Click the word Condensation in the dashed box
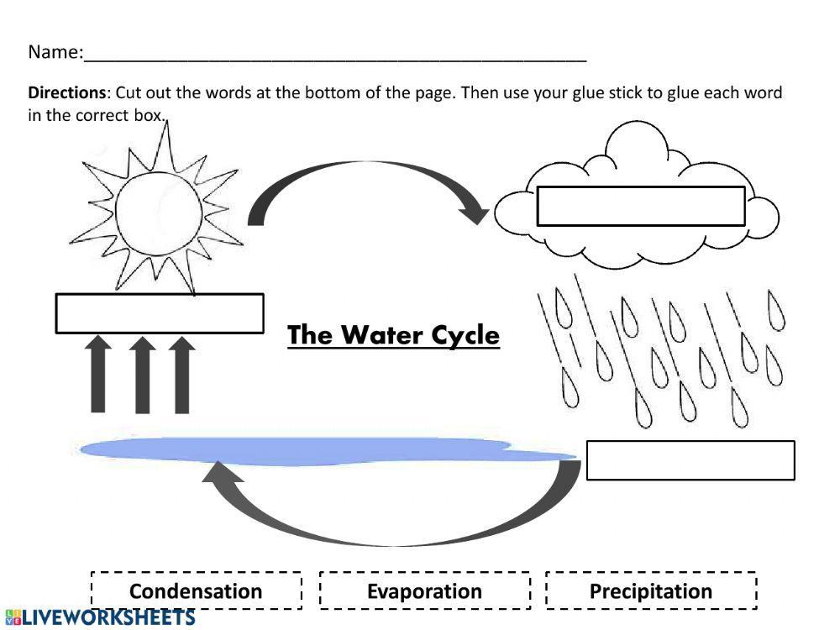pos(196,591)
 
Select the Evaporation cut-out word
pos(424,591)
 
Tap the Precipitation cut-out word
pos(651,591)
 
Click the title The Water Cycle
pos(393,335)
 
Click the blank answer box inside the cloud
pos(640,207)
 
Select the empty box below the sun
pos(160,313)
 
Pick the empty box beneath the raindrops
pos(690,460)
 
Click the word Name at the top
pos(53,52)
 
